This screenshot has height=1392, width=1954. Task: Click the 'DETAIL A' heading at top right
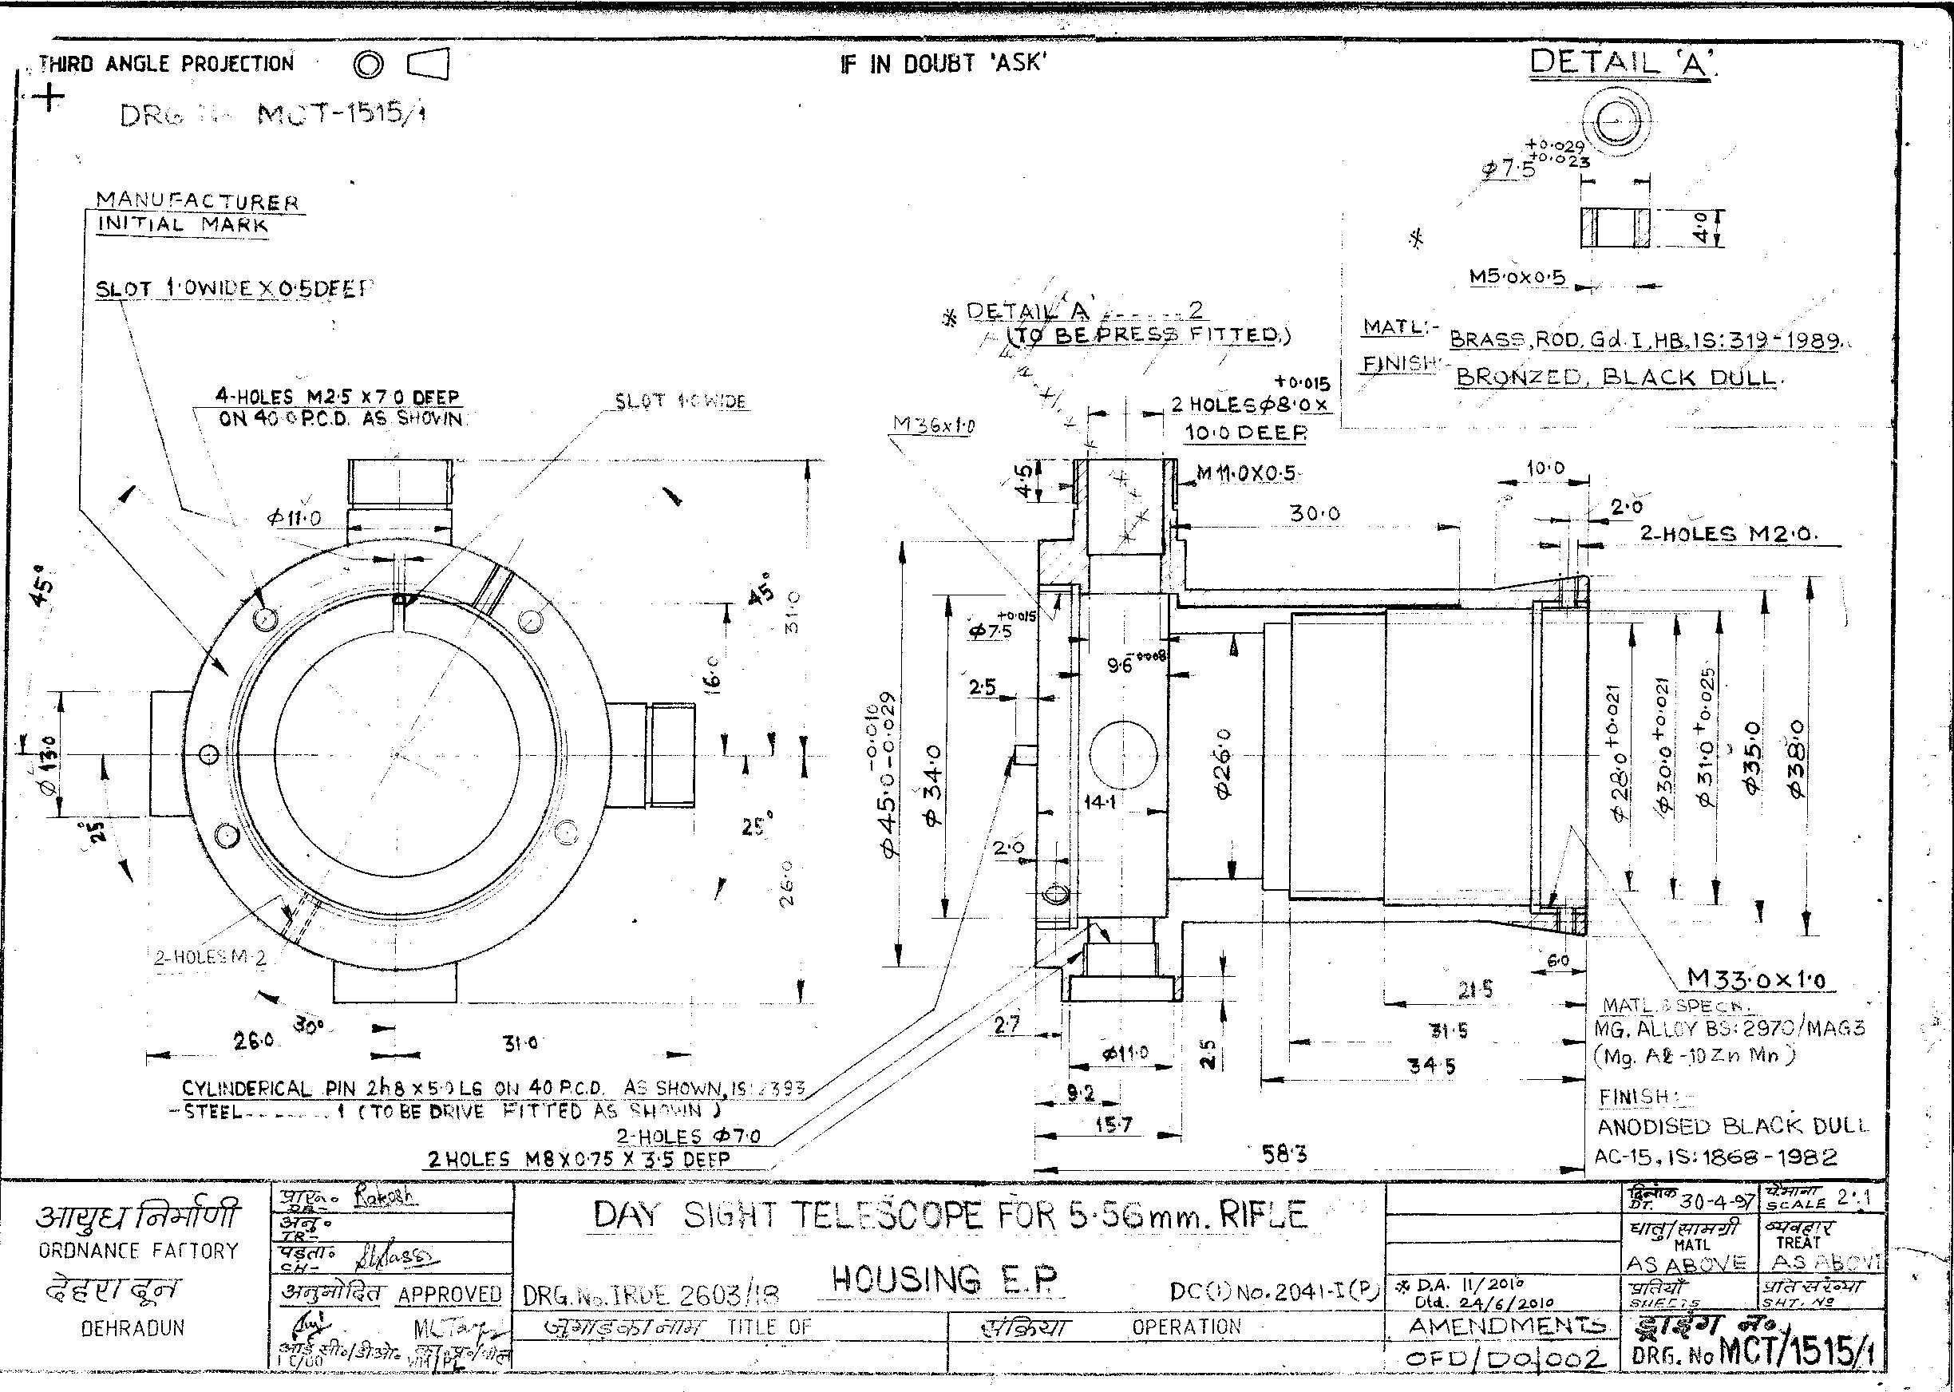(x=1620, y=61)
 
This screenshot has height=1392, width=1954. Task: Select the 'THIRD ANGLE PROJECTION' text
(x=166, y=63)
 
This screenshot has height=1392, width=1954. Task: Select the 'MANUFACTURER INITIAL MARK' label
(x=197, y=213)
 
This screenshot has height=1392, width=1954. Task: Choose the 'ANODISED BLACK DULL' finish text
(x=1732, y=1125)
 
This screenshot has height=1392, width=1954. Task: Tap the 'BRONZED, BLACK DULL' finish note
(x=1616, y=378)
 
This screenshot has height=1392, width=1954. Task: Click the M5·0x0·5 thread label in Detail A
(x=1517, y=277)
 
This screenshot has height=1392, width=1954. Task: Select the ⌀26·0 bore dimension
(x=1223, y=763)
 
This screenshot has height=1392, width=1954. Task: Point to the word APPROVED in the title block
(x=449, y=1294)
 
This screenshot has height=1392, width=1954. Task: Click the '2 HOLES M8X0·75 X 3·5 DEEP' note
(x=579, y=1160)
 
